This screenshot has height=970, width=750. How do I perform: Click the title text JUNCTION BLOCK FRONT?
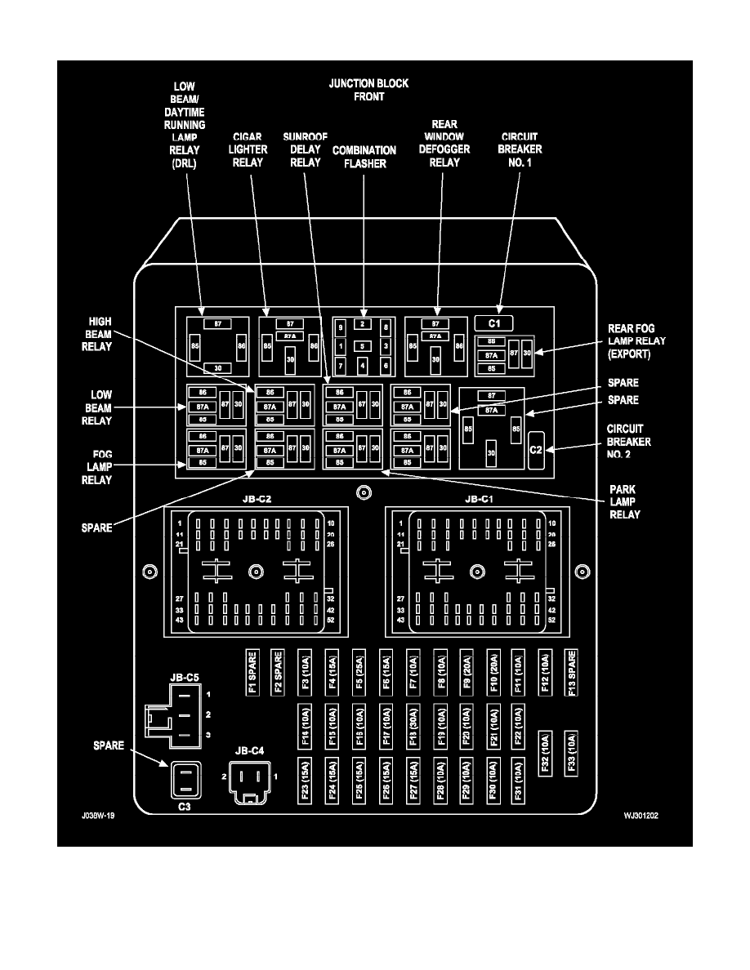(x=368, y=90)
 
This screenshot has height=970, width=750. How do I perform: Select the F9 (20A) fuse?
(x=467, y=672)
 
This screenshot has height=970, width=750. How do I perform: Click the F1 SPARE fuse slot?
(x=252, y=672)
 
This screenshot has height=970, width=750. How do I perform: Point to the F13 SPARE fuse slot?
(x=572, y=672)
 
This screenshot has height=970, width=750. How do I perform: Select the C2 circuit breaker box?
(x=536, y=450)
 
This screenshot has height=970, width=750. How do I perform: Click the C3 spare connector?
(x=185, y=780)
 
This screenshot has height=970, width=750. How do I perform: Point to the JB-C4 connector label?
(x=249, y=750)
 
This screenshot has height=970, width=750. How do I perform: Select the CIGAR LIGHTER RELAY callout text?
(x=248, y=149)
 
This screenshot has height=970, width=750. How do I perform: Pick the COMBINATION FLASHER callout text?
(x=364, y=157)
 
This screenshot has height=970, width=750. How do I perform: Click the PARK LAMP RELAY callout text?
(x=624, y=501)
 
